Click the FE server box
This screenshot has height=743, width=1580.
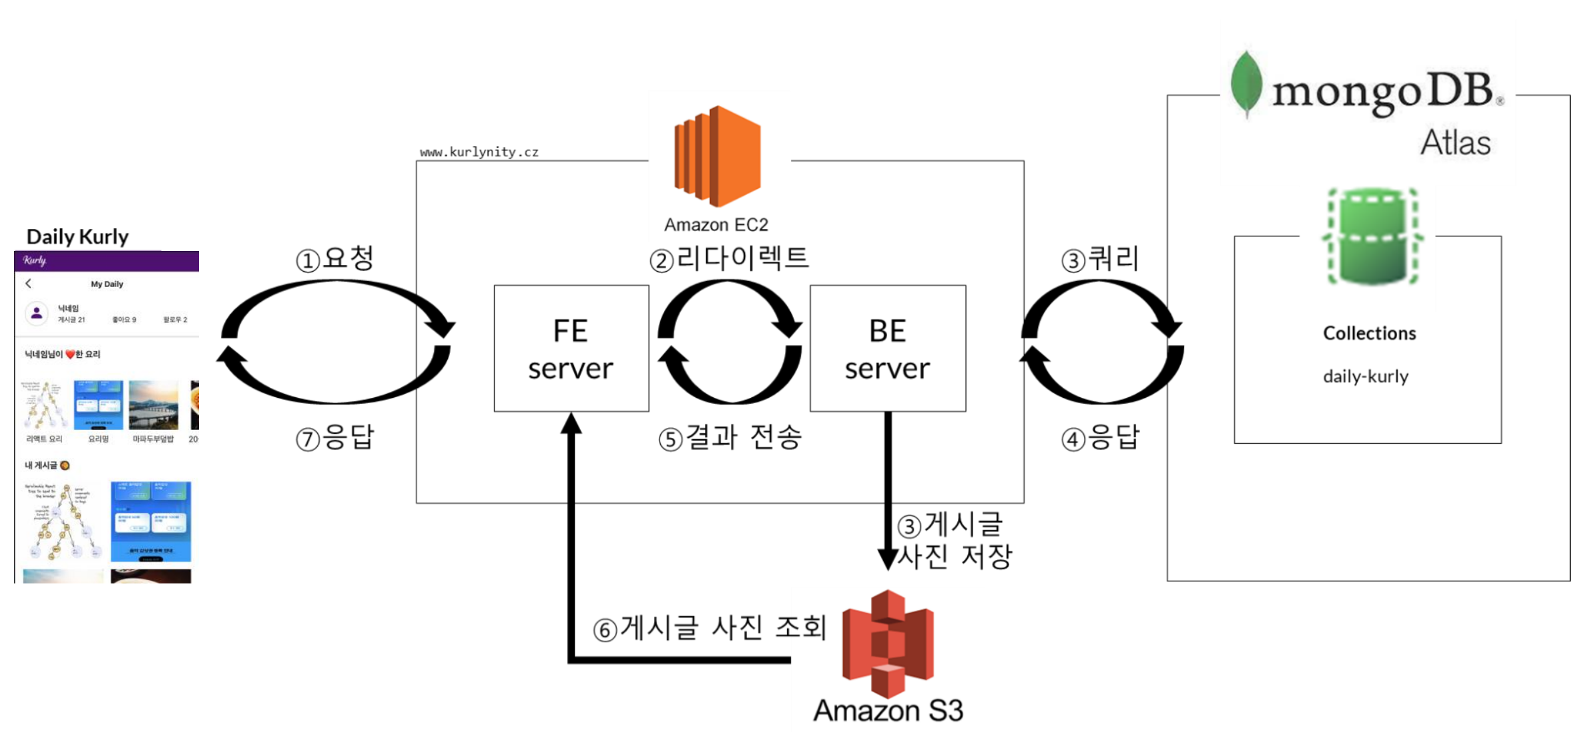[571, 348]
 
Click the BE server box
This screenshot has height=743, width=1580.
[887, 348]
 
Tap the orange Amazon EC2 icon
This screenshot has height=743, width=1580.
[718, 156]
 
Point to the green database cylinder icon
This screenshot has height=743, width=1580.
[1372, 237]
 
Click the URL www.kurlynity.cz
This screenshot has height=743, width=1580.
[479, 152]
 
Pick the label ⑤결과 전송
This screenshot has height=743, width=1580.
[730, 439]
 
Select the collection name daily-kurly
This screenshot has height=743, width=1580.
[1366, 377]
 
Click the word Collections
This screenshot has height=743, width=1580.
[1369, 333]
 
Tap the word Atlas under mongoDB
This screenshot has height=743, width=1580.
[1455, 143]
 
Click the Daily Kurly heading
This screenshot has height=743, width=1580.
[77, 237]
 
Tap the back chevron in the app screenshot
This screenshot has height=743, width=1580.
[29, 284]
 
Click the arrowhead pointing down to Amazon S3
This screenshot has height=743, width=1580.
[887, 559]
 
